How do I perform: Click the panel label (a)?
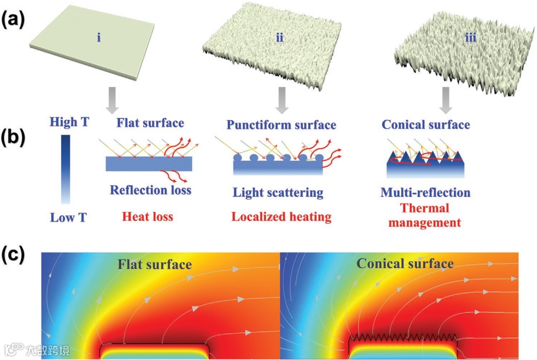coord(14,21)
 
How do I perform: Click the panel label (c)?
coord(14,255)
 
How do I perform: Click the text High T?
coord(70,122)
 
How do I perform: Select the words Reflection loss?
coord(151,189)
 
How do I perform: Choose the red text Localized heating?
coord(280,217)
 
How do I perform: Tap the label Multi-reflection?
coord(426,192)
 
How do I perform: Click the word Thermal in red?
coord(425,208)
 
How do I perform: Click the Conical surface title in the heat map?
coord(405,263)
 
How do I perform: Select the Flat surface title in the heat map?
coord(155,264)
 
